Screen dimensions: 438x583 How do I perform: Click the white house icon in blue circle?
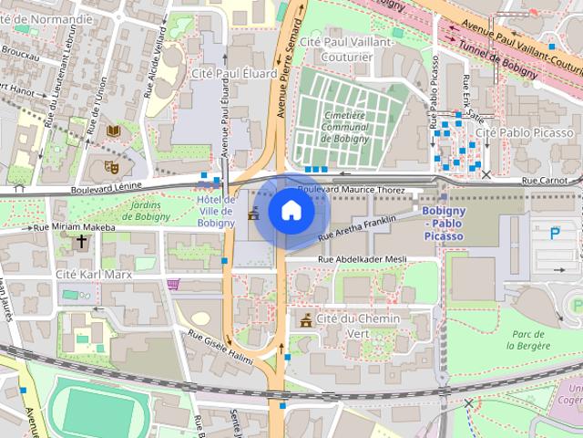point(291,211)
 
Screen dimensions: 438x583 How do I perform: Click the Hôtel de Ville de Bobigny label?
point(216,211)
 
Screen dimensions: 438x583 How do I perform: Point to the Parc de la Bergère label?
point(529,340)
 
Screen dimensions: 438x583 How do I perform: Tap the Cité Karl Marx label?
point(94,274)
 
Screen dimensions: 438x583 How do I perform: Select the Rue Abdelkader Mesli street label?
point(362,259)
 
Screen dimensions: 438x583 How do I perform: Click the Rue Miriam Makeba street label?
point(75,227)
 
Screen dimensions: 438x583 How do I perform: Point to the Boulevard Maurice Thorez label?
point(351,190)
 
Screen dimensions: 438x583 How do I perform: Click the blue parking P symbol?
point(556,234)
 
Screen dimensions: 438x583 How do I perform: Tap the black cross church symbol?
point(82,242)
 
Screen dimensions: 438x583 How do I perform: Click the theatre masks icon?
point(112,166)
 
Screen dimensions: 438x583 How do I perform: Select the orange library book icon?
point(113,132)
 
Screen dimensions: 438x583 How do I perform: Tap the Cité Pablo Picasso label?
point(525,133)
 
